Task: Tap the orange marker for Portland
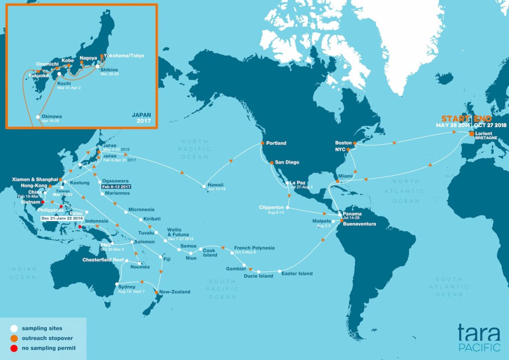tap(262, 143)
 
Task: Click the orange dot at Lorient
tap(472, 133)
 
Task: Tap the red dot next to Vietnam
tap(43, 202)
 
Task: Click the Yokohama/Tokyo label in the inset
tap(124, 55)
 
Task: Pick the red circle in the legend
tap(14, 348)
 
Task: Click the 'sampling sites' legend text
tap(42, 328)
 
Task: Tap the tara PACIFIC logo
tap(479, 337)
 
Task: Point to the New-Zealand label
tap(175, 292)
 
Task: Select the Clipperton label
tap(271, 207)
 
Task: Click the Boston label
tap(343, 143)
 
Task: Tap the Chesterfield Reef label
tap(103, 260)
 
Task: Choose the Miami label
tap(346, 176)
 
